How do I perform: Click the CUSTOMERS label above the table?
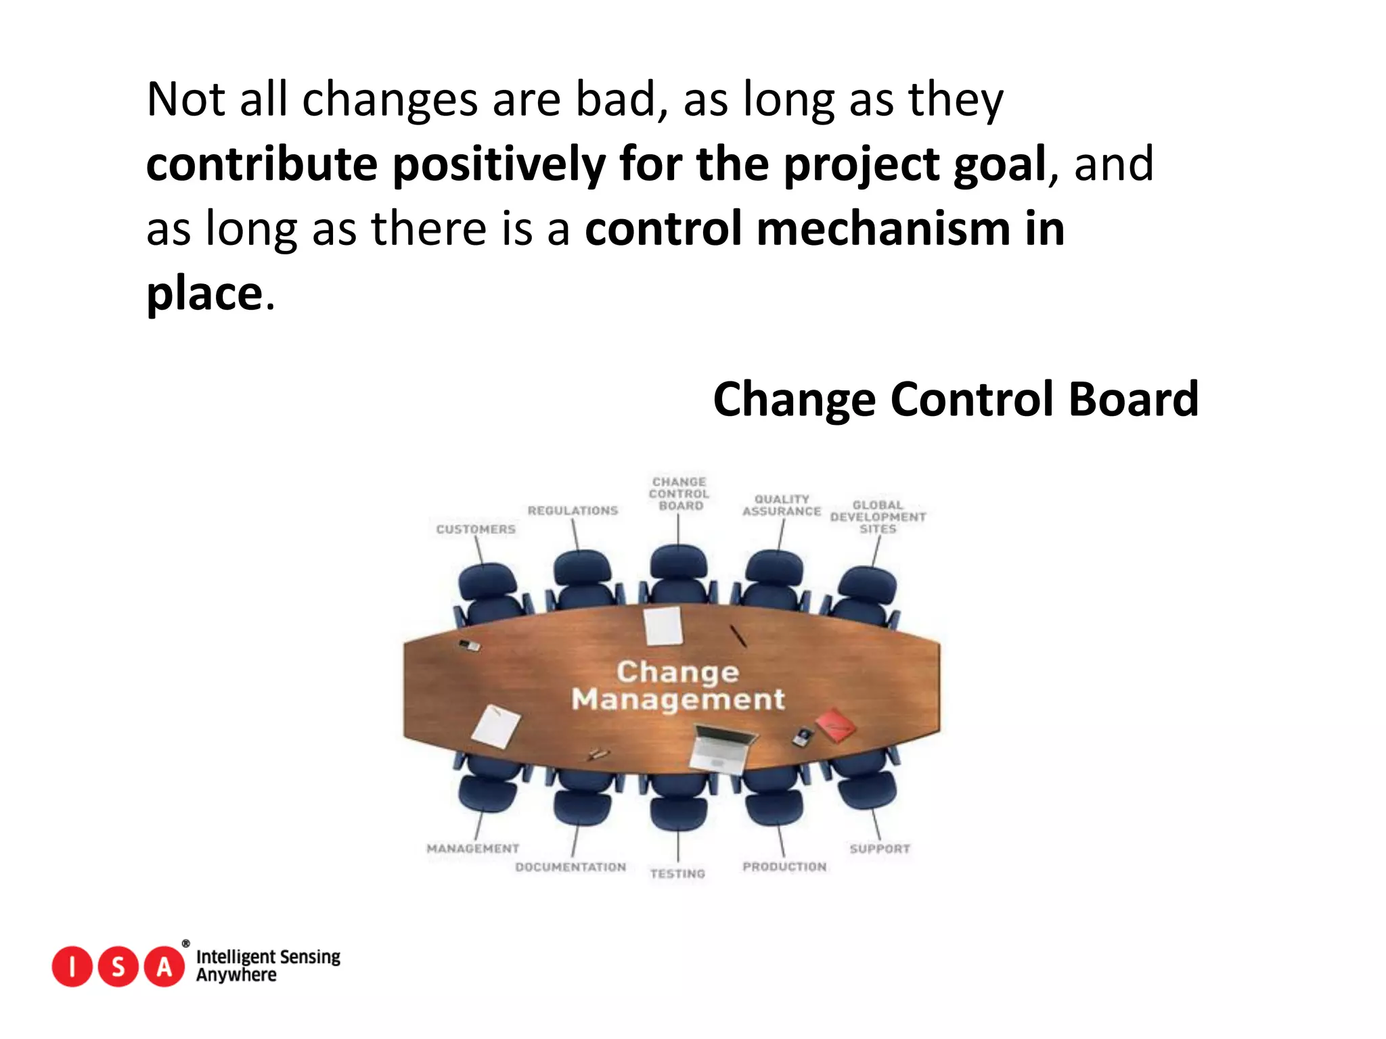tap(476, 529)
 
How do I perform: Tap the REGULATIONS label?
tap(573, 511)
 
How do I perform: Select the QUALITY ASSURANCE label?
tap(782, 505)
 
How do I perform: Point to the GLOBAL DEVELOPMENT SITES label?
tap(878, 517)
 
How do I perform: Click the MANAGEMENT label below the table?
tap(473, 848)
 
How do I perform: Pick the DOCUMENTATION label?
tap(571, 867)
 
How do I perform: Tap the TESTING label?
tap(677, 874)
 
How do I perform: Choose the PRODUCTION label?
tap(784, 867)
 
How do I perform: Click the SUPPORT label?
tap(880, 849)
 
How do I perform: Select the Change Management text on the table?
tap(677, 685)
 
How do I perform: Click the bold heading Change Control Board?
tap(956, 399)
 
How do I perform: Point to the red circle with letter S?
tap(118, 967)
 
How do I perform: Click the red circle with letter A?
tap(164, 967)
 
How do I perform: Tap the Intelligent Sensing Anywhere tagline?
tap(268, 965)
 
